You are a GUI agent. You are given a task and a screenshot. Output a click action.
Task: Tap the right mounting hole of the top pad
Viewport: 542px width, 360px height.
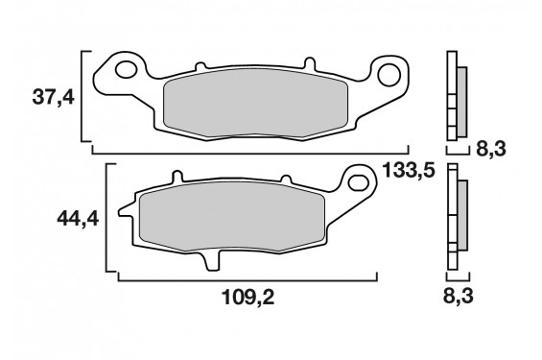pyautogui.click(x=389, y=73)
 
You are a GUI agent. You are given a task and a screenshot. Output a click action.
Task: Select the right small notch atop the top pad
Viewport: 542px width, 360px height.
pyautogui.click(x=311, y=66)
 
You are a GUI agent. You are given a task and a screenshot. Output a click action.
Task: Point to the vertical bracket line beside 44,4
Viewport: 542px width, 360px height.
pyautogui.click(x=118, y=221)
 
